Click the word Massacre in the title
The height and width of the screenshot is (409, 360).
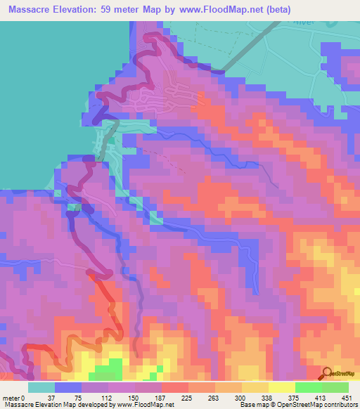pyautogui.click(x=29, y=8)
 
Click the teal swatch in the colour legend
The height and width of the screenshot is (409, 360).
pyautogui.click(x=41, y=387)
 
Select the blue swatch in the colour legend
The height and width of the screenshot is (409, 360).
pyautogui.click(x=68, y=387)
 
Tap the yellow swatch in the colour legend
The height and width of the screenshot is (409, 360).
pyautogui.click(x=281, y=387)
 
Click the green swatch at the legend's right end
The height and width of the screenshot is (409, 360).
pyautogui.click(x=335, y=387)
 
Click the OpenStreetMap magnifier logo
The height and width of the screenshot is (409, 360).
pyautogui.click(x=326, y=372)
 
